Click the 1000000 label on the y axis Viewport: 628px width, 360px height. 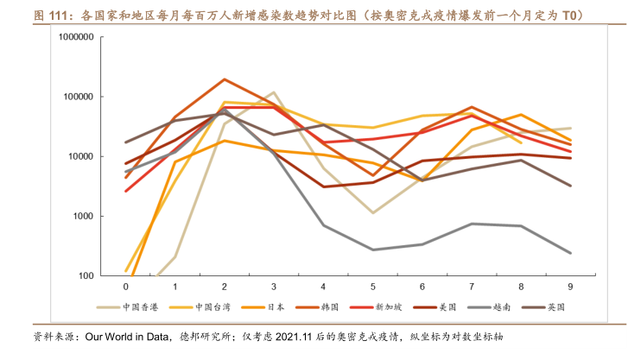(x=76, y=38)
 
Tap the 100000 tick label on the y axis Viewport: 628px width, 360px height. (x=79, y=98)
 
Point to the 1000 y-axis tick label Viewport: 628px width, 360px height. (x=83, y=217)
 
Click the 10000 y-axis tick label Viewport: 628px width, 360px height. (x=81, y=157)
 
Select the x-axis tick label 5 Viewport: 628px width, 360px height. (x=372, y=286)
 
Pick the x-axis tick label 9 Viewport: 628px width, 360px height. (x=570, y=286)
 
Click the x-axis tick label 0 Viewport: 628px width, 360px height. (x=125, y=286)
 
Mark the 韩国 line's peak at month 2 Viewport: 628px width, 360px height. (x=225, y=79)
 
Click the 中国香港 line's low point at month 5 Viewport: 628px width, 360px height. (x=372, y=212)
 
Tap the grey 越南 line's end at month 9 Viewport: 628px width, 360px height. (x=570, y=253)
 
